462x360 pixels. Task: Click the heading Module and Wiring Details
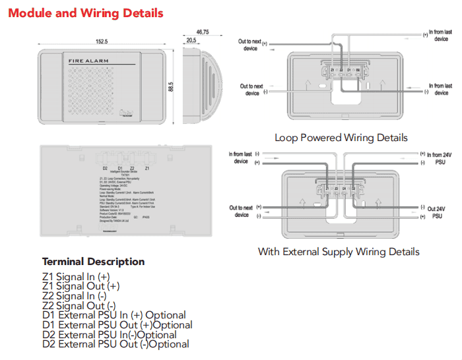pyautogui.click(x=86, y=13)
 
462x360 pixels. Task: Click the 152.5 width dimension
pyautogui.click(x=102, y=42)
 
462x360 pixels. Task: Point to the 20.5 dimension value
pyautogui.click(x=191, y=40)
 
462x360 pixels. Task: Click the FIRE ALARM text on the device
pyautogui.click(x=88, y=61)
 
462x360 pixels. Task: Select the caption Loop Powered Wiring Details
pyautogui.click(x=341, y=138)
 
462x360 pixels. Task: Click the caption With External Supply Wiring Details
pyautogui.click(x=338, y=251)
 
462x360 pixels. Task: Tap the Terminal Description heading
pyautogui.click(x=94, y=261)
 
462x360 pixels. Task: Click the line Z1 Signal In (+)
pyautogui.click(x=76, y=277)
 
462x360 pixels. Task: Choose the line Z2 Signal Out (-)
pyautogui.click(x=79, y=305)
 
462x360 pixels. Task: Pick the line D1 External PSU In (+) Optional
pyautogui.click(x=114, y=315)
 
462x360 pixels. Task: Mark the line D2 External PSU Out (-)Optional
pyautogui.click(x=115, y=344)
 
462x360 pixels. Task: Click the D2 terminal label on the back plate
pyautogui.click(x=104, y=169)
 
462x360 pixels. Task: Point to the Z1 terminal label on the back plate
pyautogui.click(x=147, y=169)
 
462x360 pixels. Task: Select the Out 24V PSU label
pyautogui.click(x=436, y=212)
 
